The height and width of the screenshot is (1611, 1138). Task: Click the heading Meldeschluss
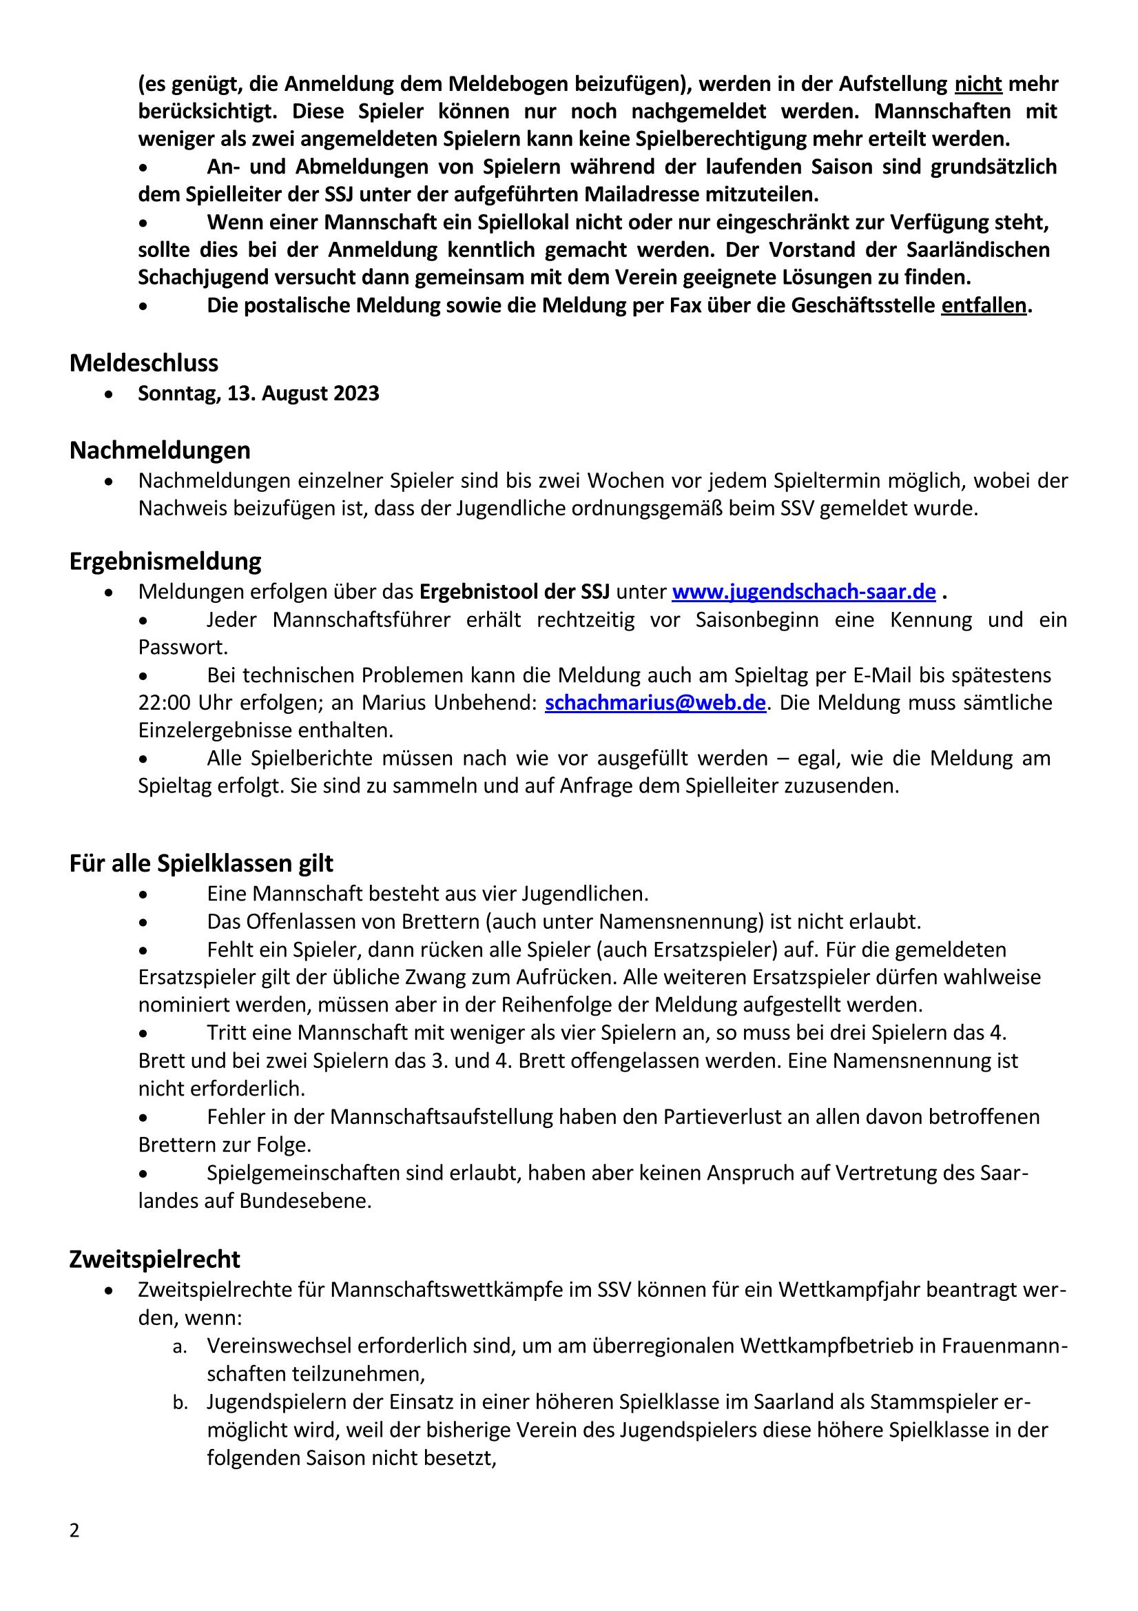[144, 363]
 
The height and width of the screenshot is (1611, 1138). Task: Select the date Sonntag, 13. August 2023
[258, 393]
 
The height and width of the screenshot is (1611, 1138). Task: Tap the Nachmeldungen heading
[159, 451]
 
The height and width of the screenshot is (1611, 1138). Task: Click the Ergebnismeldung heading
[165, 562]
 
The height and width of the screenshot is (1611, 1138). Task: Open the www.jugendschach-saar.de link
[803, 592]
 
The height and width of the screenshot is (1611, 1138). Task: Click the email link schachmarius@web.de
[654, 703]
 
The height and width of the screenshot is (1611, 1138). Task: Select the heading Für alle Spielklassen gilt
[201, 863]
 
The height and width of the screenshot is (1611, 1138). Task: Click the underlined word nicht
[978, 84]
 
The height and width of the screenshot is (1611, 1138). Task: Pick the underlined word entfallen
[984, 307]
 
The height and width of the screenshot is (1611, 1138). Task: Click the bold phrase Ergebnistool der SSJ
[515, 592]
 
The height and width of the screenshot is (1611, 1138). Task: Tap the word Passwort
[183, 648]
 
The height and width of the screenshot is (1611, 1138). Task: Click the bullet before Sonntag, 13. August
[109, 395]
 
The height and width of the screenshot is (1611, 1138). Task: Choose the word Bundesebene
[304, 1201]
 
